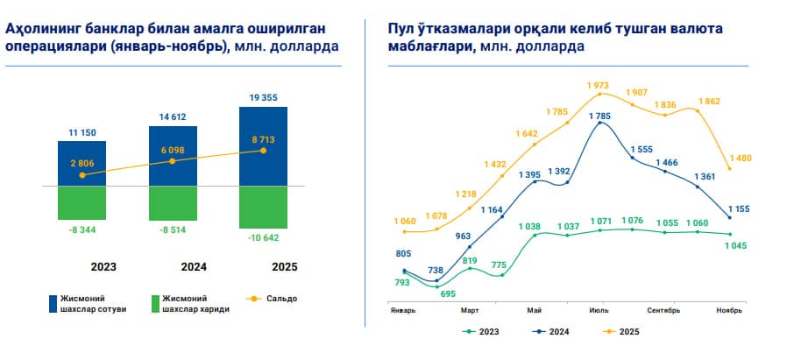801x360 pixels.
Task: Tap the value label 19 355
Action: (262, 97)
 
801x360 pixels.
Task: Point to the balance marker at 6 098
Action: (172, 161)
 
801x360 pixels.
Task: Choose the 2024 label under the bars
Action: (172, 266)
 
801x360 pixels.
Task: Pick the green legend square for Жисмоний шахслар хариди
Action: (155, 301)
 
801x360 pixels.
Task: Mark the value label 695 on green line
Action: (448, 293)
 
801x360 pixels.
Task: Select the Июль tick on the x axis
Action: (599, 310)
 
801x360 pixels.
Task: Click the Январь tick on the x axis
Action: (403, 310)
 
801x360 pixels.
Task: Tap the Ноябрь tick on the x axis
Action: (728, 310)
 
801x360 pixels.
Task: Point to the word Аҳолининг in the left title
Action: (42, 29)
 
